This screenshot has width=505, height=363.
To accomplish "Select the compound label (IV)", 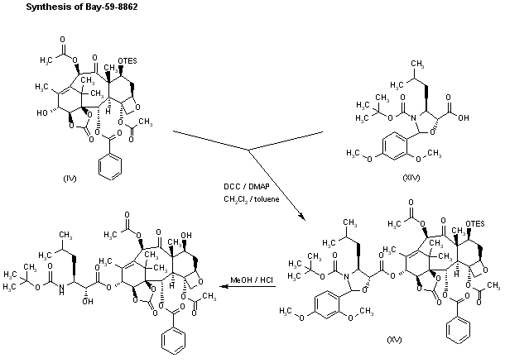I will (70, 178).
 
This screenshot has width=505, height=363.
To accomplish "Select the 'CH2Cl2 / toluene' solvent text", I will (245, 198).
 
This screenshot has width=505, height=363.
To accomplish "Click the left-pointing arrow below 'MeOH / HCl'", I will (248, 289).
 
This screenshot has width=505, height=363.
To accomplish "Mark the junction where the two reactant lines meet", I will (249, 150).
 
